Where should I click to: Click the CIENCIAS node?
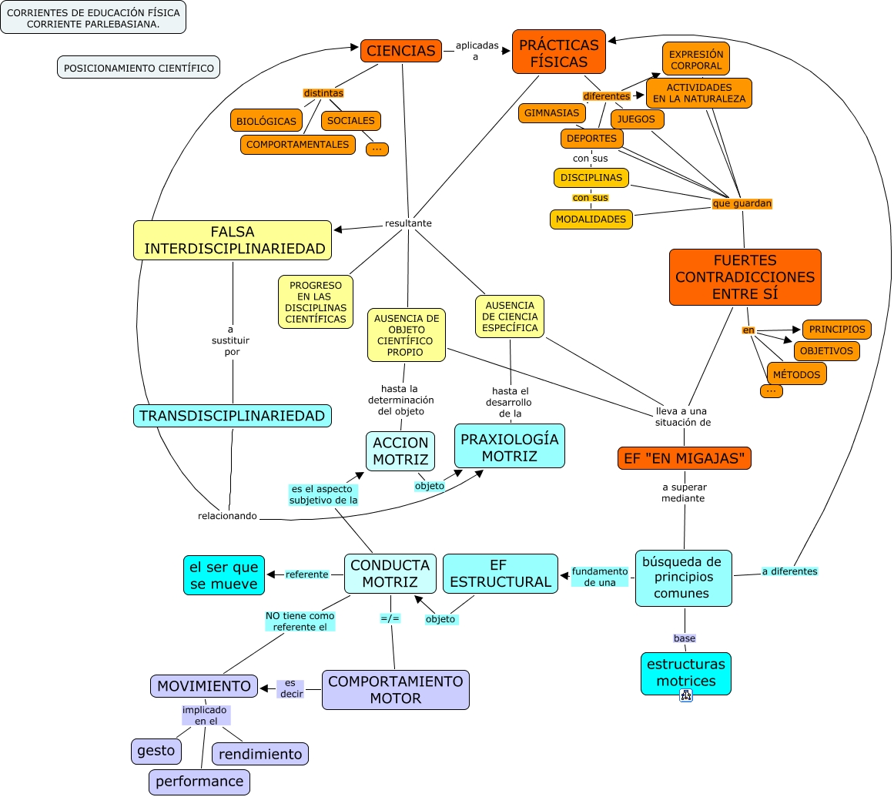click(x=400, y=51)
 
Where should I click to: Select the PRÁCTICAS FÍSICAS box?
click(x=558, y=52)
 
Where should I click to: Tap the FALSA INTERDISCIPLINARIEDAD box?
click(x=233, y=240)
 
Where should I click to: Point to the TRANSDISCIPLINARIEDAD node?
click(x=232, y=416)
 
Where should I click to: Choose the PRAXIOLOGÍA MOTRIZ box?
click(x=509, y=447)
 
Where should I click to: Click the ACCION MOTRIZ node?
click(x=400, y=451)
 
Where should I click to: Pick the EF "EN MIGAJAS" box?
click(x=684, y=458)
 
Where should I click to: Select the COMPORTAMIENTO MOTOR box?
click(x=395, y=690)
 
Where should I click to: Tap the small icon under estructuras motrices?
click(x=685, y=695)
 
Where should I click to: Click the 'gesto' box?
click(x=156, y=751)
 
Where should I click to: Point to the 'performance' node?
click(x=199, y=782)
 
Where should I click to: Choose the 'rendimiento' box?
click(x=260, y=754)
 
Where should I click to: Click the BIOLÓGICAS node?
click(x=266, y=121)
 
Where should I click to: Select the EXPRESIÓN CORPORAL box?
click(x=695, y=60)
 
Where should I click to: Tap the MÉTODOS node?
click(x=796, y=374)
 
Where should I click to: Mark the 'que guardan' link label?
click(x=742, y=203)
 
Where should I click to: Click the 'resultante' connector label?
click(x=408, y=223)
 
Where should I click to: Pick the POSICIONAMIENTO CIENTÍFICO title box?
click(x=139, y=68)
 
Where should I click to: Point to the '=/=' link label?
click(x=390, y=618)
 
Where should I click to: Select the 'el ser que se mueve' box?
click(x=224, y=575)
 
